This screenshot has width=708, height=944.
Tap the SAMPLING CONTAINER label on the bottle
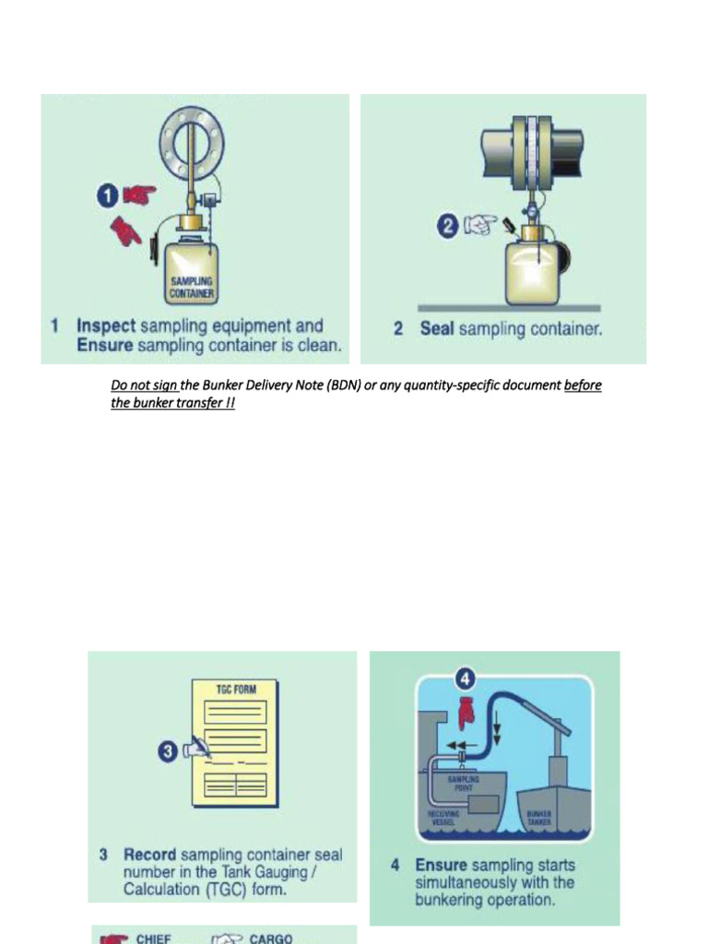tap(191, 287)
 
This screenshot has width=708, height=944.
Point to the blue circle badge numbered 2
tap(448, 226)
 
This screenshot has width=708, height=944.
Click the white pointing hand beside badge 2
tap(480, 226)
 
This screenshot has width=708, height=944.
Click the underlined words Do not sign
tap(145, 384)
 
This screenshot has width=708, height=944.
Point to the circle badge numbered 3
tap(169, 752)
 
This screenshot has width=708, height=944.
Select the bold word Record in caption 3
tap(149, 855)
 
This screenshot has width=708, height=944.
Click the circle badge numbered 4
tap(465, 680)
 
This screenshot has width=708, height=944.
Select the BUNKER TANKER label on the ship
tap(538, 817)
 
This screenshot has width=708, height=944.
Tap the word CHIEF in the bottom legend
tap(154, 938)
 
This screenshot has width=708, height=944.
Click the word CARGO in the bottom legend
tap(271, 938)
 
